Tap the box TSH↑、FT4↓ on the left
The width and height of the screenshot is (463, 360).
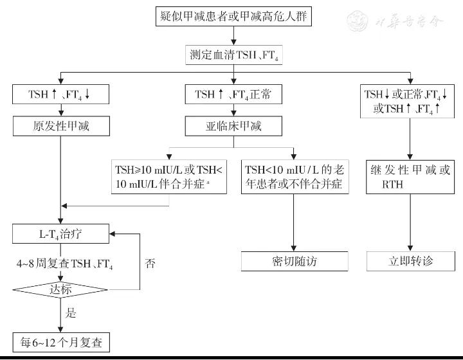tap(60, 94)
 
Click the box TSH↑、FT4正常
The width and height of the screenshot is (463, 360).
tap(233, 94)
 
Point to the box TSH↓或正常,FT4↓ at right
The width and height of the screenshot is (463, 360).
tap(410, 102)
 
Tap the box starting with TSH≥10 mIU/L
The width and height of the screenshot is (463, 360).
tap(168, 176)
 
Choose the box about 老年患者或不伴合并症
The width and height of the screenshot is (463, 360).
tap(295, 176)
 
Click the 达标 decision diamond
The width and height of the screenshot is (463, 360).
tap(60, 289)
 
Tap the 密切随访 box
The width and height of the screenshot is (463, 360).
tap(295, 261)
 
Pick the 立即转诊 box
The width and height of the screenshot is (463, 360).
tap(410, 261)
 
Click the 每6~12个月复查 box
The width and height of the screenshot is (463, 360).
tap(60, 341)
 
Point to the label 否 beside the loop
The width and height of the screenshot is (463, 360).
tap(150, 263)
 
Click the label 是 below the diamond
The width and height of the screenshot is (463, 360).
tap(71, 314)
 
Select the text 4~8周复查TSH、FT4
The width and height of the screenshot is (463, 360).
tap(60, 263)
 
